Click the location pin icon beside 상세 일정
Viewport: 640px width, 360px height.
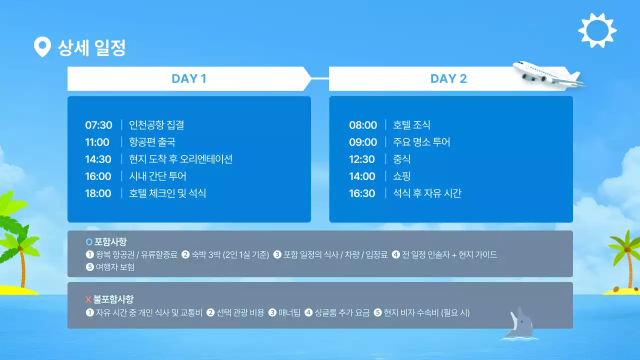tap(42, 47)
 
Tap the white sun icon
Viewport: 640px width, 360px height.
tap(597, 30)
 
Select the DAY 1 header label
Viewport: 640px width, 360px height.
tap(188, 78)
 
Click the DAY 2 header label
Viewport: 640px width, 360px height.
tap(448, 78)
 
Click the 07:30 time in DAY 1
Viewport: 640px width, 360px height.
tap(98, 125)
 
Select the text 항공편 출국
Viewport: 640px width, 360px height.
tap(152, 142)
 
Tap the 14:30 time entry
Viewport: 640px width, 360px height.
tap(98, 159)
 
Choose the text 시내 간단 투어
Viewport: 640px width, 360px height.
tap(157, 176)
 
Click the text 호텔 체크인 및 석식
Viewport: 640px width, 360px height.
tap(167, 193)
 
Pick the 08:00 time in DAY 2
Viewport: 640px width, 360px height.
tap(363, 125)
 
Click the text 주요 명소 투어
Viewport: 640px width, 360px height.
tap(421, 142)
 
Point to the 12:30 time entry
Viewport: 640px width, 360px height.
tap(362, 159)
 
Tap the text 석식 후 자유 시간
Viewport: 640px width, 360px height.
tap(427, 193)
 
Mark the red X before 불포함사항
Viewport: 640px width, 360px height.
tap(88, 299)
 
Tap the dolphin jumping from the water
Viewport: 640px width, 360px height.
tap(518, 324)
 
